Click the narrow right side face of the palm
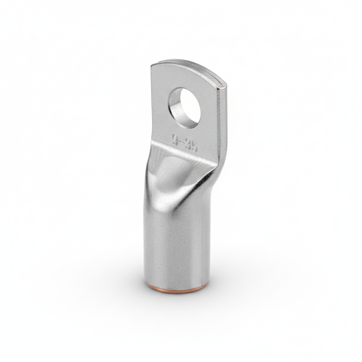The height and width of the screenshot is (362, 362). tap(223, 119)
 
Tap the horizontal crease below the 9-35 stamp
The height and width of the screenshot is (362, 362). tap(181, 154)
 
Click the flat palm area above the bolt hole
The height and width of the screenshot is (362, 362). tap(181, 78)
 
